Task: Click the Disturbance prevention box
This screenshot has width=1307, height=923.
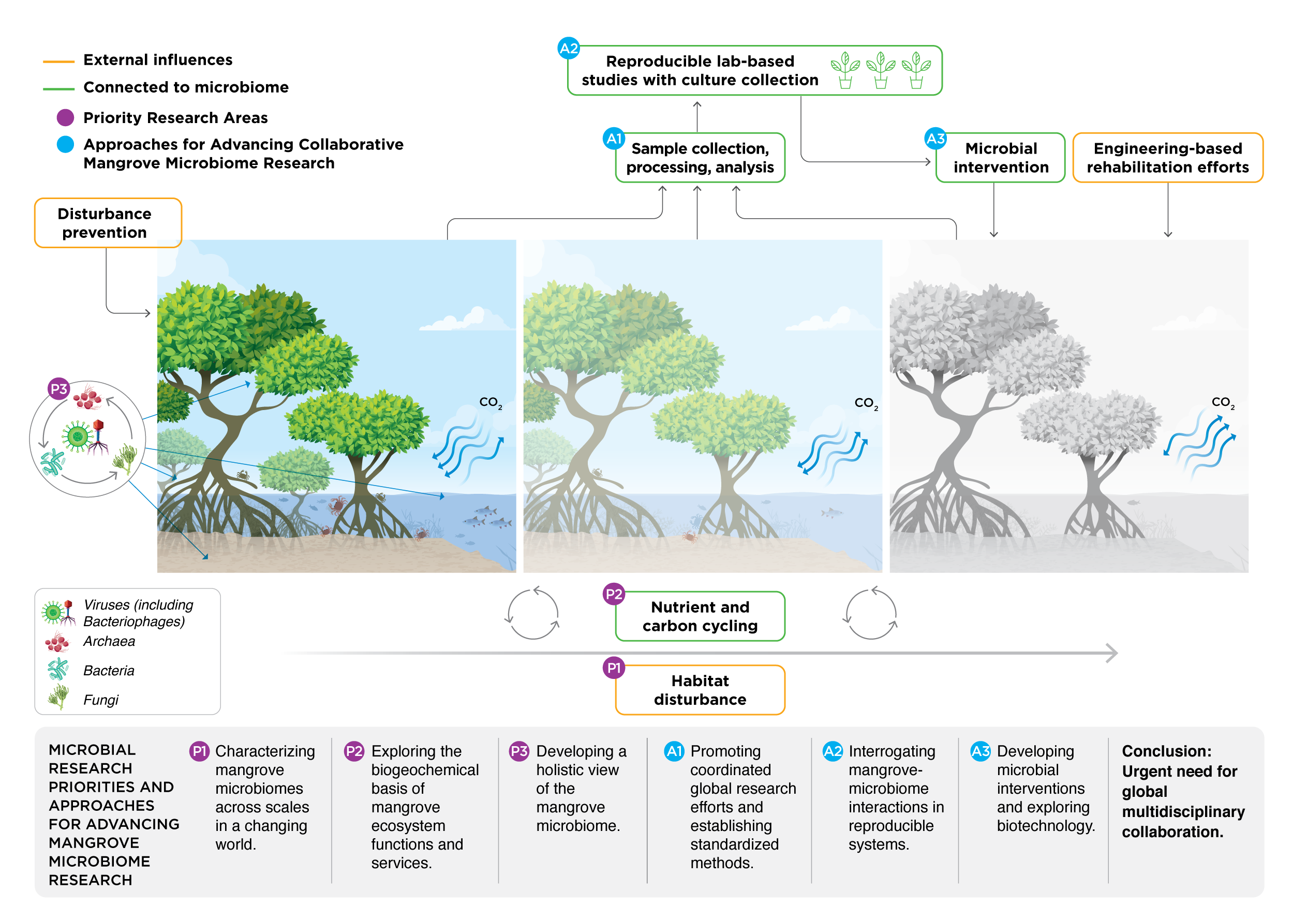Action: coord(108,223)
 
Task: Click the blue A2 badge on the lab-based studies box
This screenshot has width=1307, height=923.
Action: coord(568,49)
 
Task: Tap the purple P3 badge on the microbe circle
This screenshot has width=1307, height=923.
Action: coord(58,389)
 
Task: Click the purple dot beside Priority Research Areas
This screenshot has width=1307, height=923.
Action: coord(66,118)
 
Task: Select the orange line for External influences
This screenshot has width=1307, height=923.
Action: coord(58,61)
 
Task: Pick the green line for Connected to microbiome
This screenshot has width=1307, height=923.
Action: coord(58,89)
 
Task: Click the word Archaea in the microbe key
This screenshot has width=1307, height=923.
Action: coord(109,641)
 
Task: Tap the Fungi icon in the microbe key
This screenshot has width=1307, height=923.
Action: coord(58,697)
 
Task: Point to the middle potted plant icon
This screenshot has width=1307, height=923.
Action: coord(881,70)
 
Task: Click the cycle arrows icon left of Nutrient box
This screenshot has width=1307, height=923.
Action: coord(533,613)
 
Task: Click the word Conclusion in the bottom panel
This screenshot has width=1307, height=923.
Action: coord(1166,751)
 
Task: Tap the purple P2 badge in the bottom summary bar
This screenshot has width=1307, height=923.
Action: coord(353,751)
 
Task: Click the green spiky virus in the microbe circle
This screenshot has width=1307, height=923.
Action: coord(77,437)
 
